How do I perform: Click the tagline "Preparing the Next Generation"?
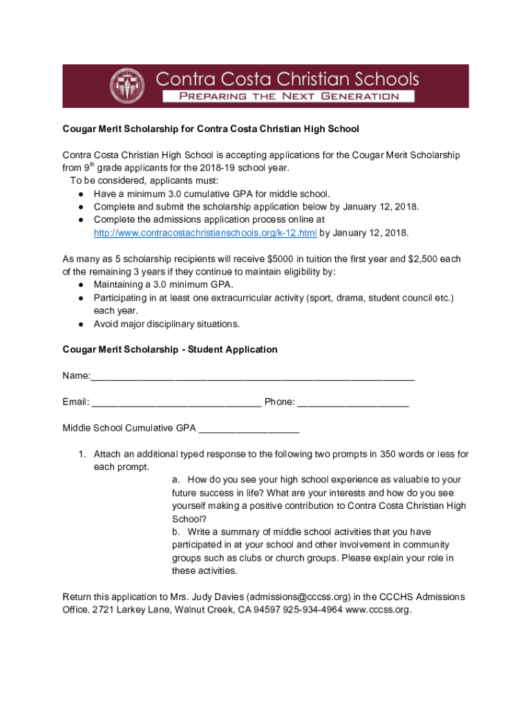pos(289,96)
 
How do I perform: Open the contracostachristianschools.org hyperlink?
pos(205,232)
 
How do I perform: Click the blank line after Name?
pos(252,377)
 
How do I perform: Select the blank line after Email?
pos(176,402)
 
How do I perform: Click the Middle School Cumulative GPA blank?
pos(249,429)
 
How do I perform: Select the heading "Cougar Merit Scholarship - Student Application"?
pos(170,350)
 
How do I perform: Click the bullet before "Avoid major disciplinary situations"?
pos(81,324)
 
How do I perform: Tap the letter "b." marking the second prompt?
pos(176,532)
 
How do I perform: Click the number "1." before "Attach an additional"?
pos(81,454)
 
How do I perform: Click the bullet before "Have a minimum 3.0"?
pos(81,194)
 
